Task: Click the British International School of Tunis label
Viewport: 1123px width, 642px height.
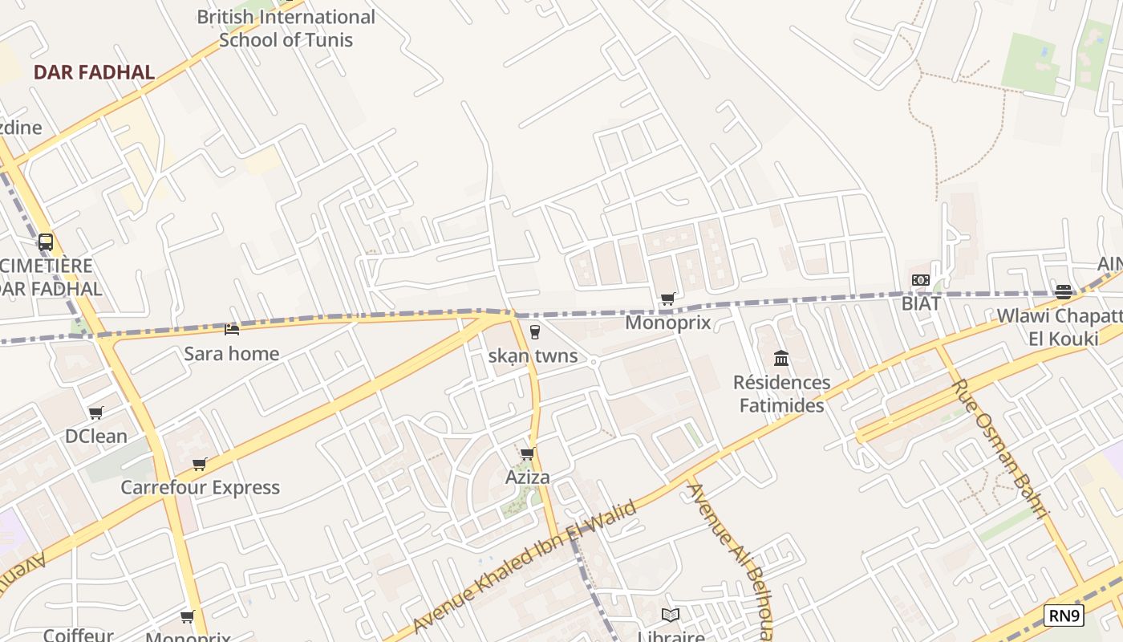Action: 286,28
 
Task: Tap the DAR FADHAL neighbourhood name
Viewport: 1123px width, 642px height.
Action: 94,72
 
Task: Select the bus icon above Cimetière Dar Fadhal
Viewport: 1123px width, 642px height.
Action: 46,242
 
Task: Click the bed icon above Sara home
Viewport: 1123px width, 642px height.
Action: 232,329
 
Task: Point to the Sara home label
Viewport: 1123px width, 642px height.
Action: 232,354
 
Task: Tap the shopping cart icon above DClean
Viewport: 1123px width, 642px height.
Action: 96,412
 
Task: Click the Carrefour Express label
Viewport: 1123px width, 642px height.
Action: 200,487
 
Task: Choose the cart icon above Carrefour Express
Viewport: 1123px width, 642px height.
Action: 200,464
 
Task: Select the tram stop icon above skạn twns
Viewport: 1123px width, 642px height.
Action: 535,331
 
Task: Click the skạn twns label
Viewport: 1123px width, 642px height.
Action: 533,356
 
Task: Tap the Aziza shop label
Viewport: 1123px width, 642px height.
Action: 528,477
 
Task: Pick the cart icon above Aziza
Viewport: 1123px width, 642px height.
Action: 528,454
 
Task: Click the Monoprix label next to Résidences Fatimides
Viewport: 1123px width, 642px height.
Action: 667,323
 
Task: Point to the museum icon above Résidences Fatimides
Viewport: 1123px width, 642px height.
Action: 781,358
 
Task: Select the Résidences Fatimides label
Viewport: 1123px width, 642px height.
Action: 781,393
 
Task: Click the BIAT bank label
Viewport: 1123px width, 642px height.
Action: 921,303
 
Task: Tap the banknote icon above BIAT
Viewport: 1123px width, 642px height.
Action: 921,280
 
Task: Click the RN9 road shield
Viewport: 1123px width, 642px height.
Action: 1064,616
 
